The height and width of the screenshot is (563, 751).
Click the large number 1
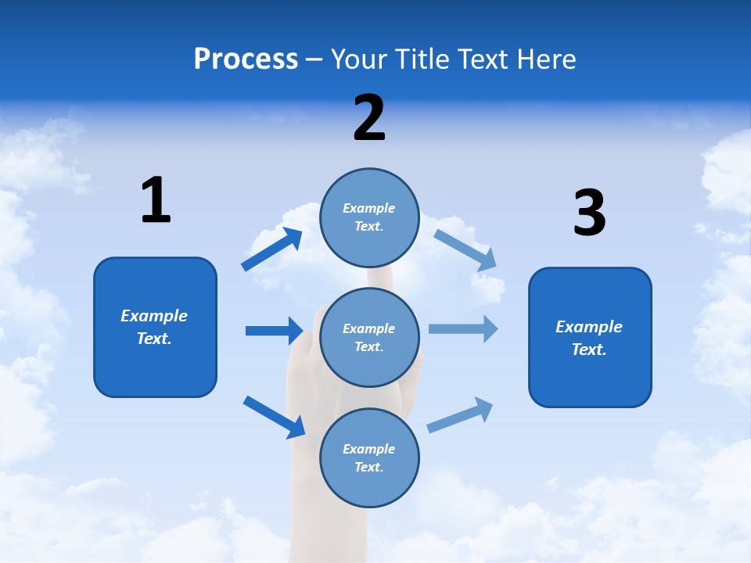[x=156, y=200]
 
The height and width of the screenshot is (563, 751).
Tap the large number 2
[x=369, y=117]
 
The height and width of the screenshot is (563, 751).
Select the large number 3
[x=589, y=213]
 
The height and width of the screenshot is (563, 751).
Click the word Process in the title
[x=246, y=59]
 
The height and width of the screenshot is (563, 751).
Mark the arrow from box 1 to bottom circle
[x=274, y=417]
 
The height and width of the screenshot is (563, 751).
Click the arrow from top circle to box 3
[x=465, y=249]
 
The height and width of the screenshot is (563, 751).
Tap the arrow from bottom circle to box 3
[x=460, y=414]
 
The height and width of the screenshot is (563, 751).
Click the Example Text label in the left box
[x=154, y=327]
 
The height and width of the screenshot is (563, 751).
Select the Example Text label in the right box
[x=589, y=338]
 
